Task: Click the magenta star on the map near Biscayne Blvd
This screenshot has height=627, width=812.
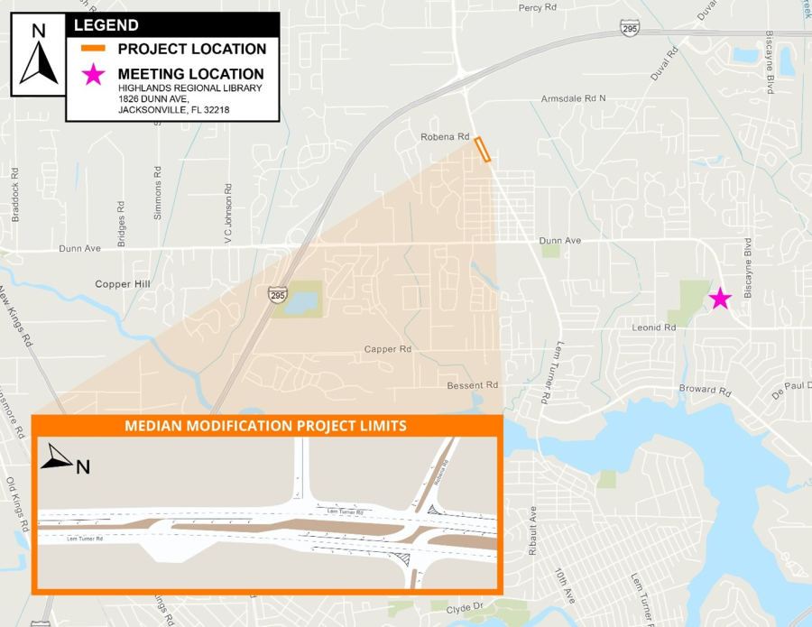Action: point(719,299)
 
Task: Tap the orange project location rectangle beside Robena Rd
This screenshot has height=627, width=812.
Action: point(484,149)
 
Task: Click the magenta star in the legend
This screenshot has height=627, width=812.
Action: point(94,75)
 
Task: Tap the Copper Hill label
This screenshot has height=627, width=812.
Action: point(125,284)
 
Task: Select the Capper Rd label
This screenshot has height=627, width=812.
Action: point(388,349)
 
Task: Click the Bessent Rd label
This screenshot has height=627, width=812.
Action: point(473,385)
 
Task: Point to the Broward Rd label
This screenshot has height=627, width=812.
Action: point(705,391)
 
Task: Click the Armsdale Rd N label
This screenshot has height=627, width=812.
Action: point(573,97)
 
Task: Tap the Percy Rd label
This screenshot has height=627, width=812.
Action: point(537,7)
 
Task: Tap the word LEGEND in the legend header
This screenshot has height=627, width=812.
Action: point(106,25)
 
